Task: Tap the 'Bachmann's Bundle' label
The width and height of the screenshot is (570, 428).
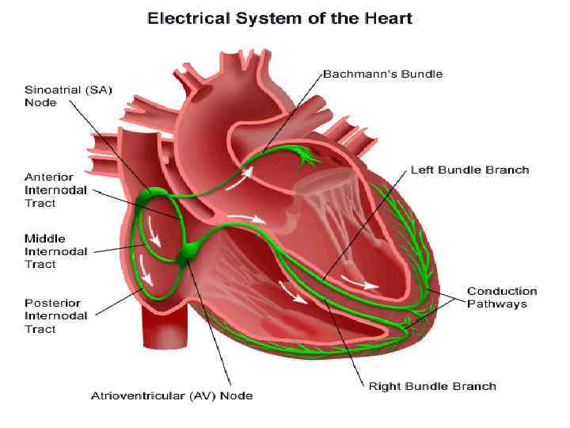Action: click(x=382, y=74)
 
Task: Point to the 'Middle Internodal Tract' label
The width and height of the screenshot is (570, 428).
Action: click(x=56, y=251)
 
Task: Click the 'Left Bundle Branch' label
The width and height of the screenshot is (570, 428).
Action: click(x=469, y=170)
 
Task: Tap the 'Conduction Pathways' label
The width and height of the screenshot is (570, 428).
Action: click(x=501, y=297)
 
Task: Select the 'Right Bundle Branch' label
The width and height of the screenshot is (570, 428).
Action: click(x=432, y=386)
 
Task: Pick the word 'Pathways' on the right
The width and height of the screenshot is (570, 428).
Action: click(x=496, y=304)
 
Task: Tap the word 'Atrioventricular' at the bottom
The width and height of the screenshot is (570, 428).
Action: click(x=131, y=396)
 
